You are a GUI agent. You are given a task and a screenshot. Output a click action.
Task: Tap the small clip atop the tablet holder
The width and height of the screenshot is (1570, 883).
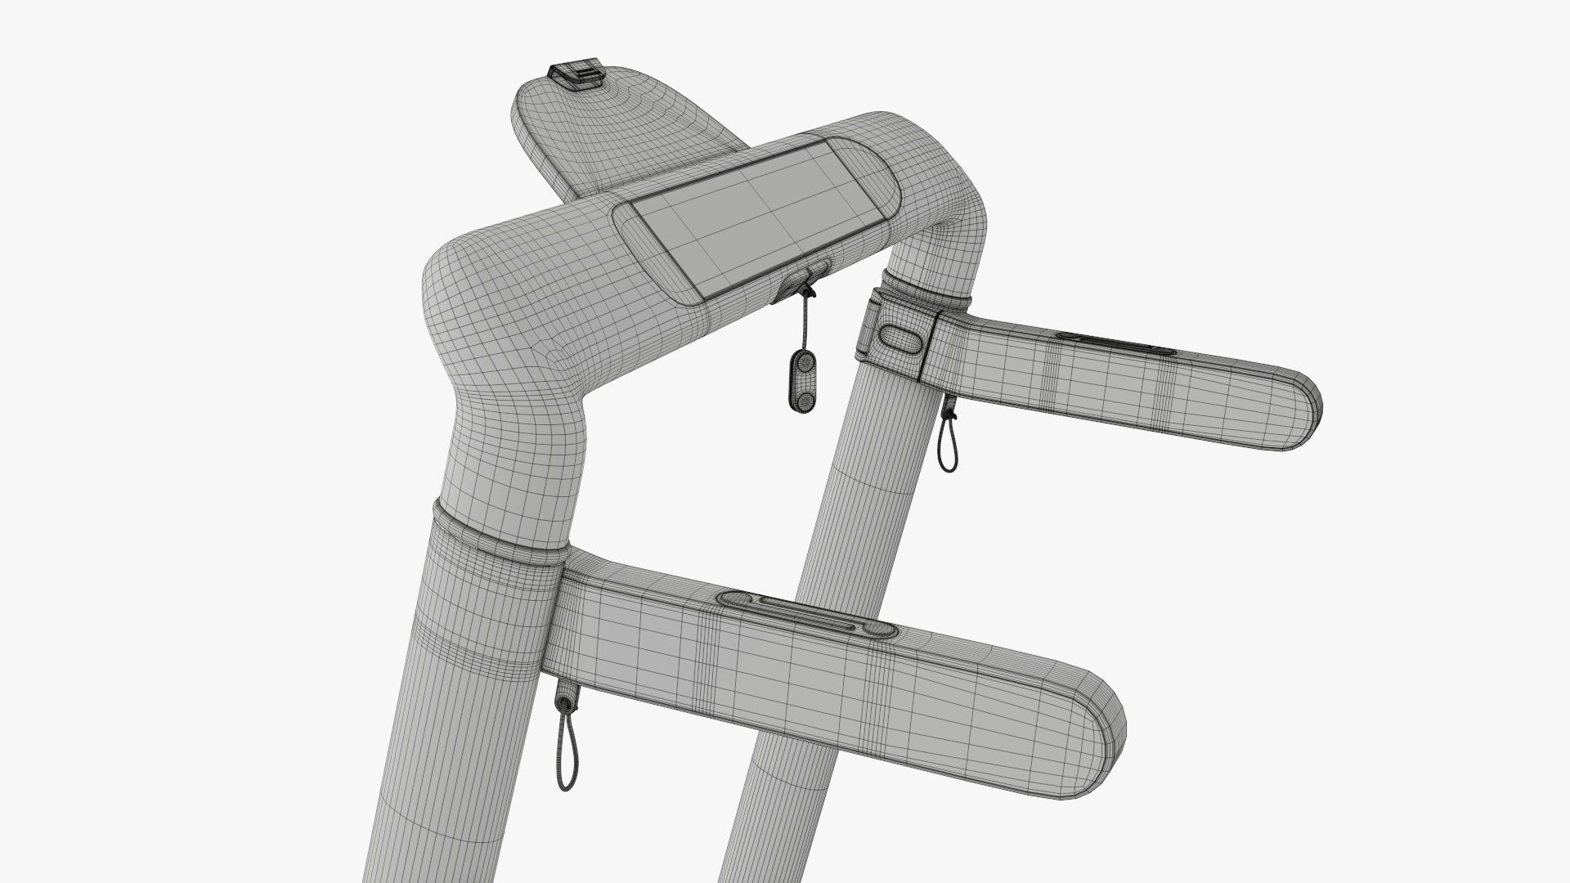click(x=578, y=73)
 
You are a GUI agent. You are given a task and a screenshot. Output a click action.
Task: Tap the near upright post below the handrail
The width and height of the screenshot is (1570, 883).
click(x=442, y=777)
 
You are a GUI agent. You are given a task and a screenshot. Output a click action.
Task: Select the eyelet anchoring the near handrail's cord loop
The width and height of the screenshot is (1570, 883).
click(x=564, y=700)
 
